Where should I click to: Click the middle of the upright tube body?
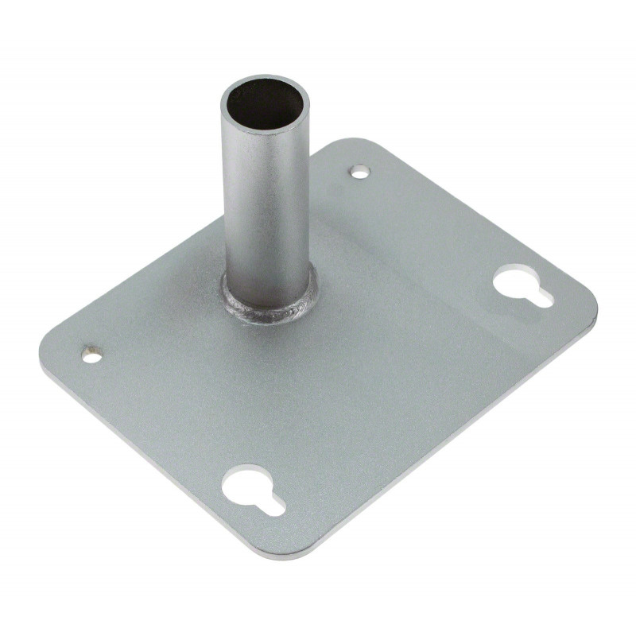(266, 207)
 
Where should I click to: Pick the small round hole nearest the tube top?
(360, 170)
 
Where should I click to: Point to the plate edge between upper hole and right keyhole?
(477, 215)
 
